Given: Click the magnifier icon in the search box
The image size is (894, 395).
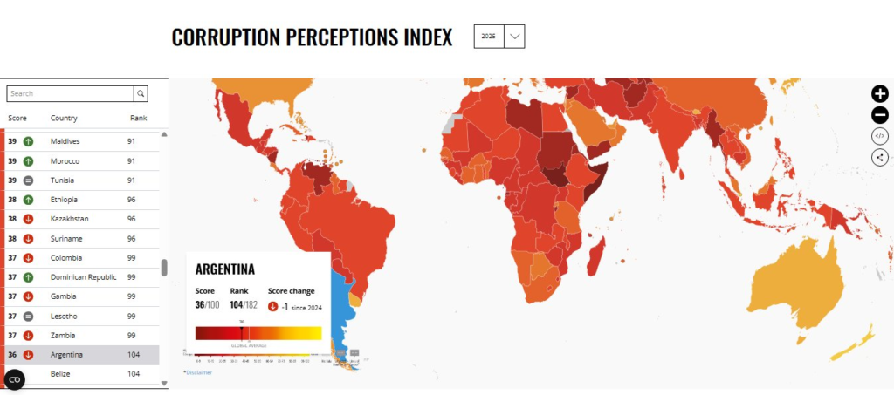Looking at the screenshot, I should coord(141,93).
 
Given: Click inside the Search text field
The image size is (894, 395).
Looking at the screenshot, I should coord(70,93).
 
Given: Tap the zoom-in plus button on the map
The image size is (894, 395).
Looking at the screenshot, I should coord(879,94).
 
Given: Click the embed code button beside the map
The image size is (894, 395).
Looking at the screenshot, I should coord(879,136).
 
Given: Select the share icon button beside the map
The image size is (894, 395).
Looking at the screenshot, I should coord(879,157).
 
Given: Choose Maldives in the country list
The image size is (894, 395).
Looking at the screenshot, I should coord(65,141).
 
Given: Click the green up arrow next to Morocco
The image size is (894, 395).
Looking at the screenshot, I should coord(28,161).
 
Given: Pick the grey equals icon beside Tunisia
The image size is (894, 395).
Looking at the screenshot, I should coord(28,180).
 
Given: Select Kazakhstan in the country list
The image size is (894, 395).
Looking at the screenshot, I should coord(69,219).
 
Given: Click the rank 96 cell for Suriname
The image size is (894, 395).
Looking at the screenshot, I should coord(131,238).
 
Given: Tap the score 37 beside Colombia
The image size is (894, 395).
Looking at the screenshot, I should coord(12,257).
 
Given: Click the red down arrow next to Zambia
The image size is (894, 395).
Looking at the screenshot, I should coord(28,335).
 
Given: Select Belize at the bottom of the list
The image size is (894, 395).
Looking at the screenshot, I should coord(60,374).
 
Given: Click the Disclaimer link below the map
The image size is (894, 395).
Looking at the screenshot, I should coord(198,372).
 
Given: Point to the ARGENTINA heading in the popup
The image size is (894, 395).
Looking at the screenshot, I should coord(224,269).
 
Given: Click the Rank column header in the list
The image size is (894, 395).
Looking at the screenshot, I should coord(139,118).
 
